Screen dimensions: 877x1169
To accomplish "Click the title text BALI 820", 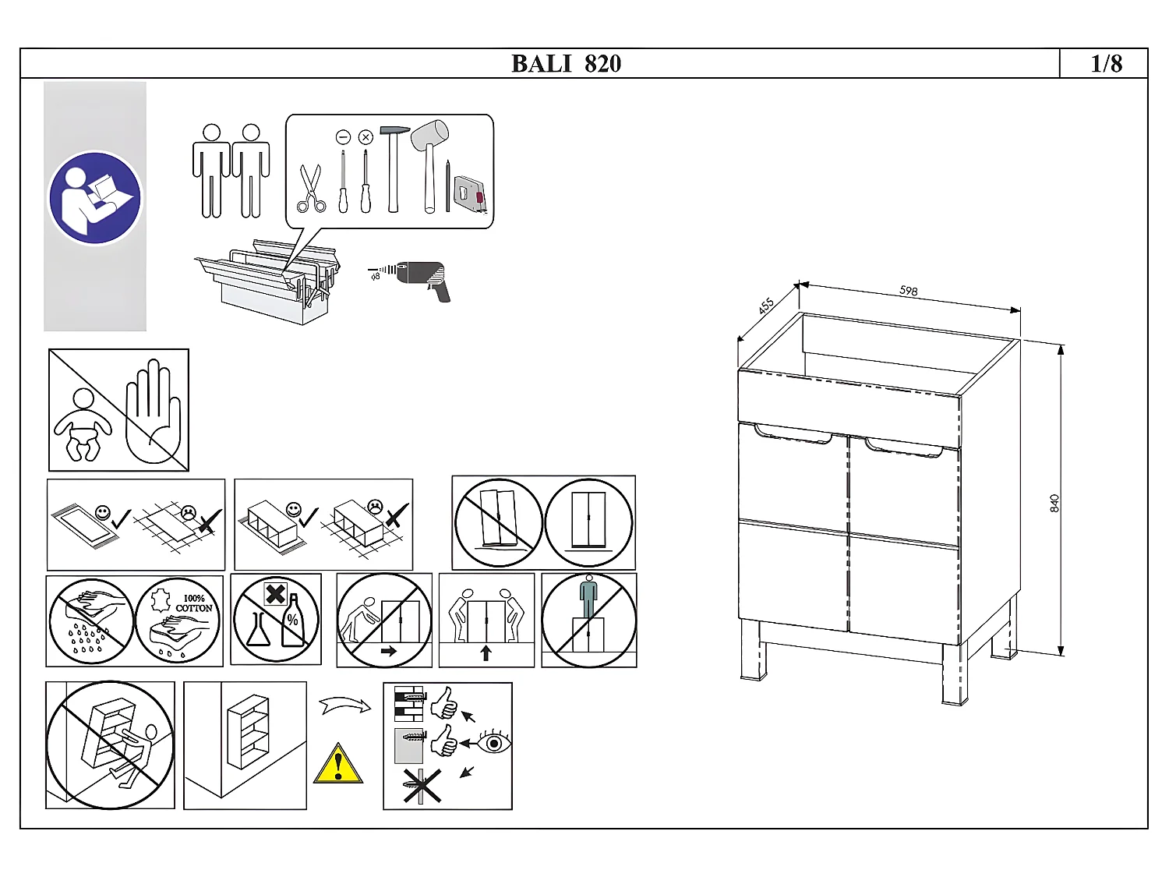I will click(566, 64).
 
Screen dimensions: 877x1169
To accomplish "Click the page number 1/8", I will click(1106, 64).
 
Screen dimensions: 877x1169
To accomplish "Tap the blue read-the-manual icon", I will click(95, 198).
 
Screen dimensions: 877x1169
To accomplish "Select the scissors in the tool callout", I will click(311, 189).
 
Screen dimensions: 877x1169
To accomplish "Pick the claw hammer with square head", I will click(394, 168).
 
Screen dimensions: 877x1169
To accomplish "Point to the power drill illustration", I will click(425, 280).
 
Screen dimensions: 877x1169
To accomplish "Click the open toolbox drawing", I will click(269, 281).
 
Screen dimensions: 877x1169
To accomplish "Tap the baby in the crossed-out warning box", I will click(82, 425).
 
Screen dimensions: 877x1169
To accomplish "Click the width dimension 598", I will click(909, 291).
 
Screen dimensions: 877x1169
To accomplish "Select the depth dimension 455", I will click(766, 306).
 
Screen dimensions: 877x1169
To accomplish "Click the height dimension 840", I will click(1054, 503).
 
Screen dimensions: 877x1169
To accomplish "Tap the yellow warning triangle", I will click(338, 764).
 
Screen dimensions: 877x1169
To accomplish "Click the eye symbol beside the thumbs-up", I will click(494, 742).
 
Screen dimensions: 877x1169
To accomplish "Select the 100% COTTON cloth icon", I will click(178, 621).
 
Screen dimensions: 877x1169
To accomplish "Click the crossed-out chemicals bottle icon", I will click(276, 619).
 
